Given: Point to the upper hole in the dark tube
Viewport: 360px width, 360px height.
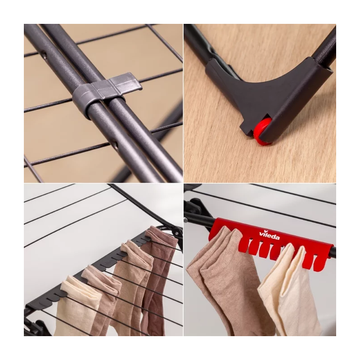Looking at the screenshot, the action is [45, 54].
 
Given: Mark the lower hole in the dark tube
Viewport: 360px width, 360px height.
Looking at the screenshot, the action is [117, 145].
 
